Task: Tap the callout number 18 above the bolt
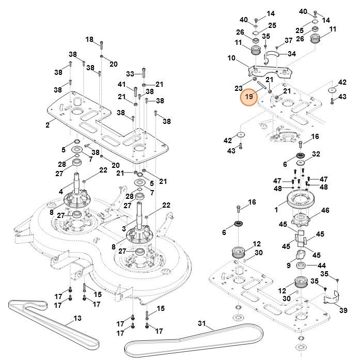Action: pos(89,40)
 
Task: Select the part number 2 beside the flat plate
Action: pos(48,124)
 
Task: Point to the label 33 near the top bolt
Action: pos(130,74)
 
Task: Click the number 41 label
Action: pos(122,84)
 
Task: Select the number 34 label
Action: pos(292,54)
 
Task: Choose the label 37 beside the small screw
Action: pos(289,40)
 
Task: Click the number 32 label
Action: pos(316,154)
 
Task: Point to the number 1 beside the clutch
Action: pos(276,210)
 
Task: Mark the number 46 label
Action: pos(325,210)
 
